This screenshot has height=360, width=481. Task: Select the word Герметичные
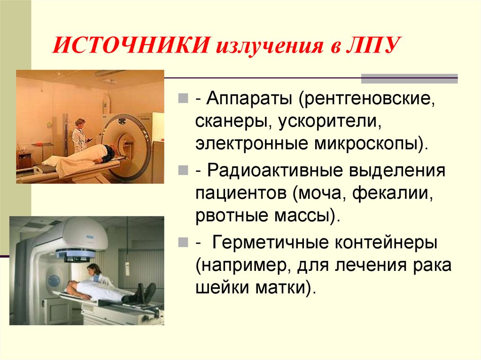coord(270,243)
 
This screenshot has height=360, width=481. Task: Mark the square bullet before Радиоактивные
coord(183,171)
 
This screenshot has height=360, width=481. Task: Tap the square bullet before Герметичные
coord(183,244)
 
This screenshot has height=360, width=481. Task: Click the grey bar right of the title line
coord(409,78)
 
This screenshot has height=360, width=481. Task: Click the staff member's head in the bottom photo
coord(94,269)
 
